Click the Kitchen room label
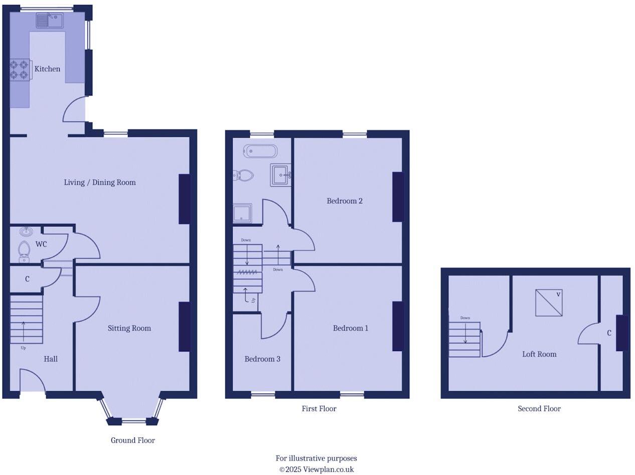click(47, 69)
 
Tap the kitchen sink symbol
click(50, 21)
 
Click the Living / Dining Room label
click(100, 182)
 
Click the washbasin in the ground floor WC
click(26, 231)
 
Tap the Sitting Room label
click(129, 328)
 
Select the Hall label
click(51, 359)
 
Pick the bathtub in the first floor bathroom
click(260, 151)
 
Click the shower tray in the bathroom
click(242, 213)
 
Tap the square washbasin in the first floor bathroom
click(280, 175)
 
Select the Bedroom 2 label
click(345, 201)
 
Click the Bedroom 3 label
click(262, 359)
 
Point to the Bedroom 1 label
click(351, 328)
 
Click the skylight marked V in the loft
click(549, 303)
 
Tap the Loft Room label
click(539, 354)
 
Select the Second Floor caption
click(539, 409)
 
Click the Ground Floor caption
click(133, 440)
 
